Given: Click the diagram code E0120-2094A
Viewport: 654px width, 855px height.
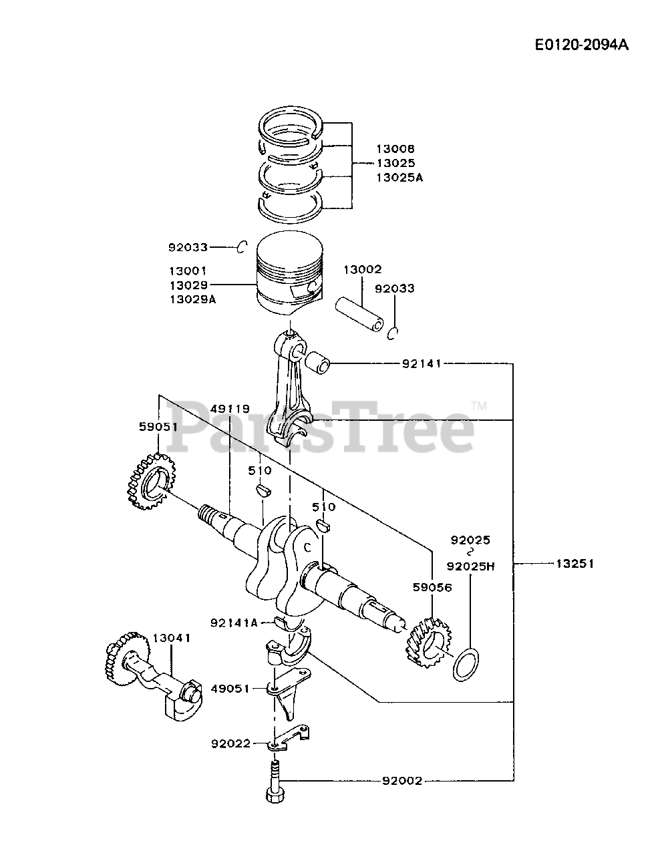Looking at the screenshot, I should coord(581,45).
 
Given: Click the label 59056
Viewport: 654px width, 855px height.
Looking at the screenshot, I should coord(432,588).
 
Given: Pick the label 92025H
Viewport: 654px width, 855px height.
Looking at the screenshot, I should coord(471,566).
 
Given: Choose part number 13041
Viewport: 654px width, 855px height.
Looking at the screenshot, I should coord(172,638).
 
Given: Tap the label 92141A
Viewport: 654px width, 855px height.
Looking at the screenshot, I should coord(234,623).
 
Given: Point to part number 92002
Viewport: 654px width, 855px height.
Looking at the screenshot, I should coord(402,781).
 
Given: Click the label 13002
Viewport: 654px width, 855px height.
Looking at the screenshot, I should coord(363,270).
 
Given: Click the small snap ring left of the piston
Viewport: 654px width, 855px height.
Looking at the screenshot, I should coord(242,248).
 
